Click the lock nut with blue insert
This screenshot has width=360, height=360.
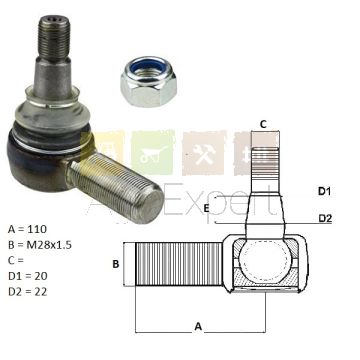(x=148, y=81)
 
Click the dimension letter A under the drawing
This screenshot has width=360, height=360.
(x=198, y=326)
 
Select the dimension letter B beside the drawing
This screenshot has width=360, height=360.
(x=116, y=264)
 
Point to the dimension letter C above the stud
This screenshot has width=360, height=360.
(x=263, y=125)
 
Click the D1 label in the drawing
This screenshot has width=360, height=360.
(x=324, y=191)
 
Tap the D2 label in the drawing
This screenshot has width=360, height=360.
(x=325, y=218)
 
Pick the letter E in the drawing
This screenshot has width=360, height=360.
(x=206, y=209)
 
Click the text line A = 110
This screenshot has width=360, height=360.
(x=27, y=229)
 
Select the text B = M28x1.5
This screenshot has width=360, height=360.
(x=40, y=245)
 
